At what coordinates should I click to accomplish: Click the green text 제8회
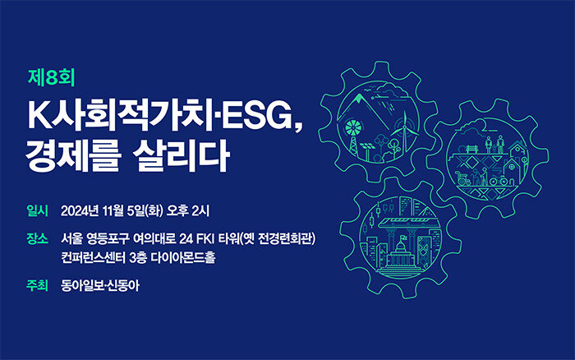pyautogui.click(x=51, y=78)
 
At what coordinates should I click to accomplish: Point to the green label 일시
pyautogui.click(x=37, y=210)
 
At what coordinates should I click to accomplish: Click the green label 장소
pyautogui.click(x=37, y=238)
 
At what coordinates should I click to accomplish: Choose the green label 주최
pyautogui.click(x=37, y=285)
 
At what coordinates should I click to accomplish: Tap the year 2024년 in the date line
pyautogui.click(x=80, y=211)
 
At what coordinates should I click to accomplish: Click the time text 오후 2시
pyautogui.click(x=188, y=211)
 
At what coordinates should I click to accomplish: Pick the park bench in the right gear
pyautogui.click(x=471, y=148)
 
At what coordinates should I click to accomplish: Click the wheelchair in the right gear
pyautogui.click(x=463, y=180)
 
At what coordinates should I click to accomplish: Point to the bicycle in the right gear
pyautogui.click(x=499, y=180)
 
